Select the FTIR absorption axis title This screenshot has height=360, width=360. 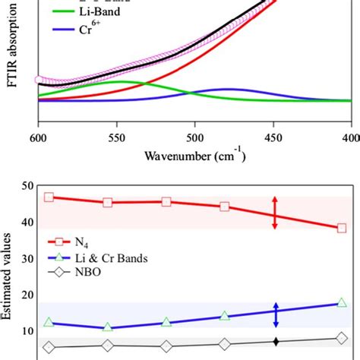(x=11, y=57)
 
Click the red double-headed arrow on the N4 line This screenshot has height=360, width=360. (x=275, y=212)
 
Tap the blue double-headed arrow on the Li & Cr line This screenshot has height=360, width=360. (x=275, y=315)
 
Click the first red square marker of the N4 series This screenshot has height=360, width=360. (x=49, y=197)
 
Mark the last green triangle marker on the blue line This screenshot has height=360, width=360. (x=341, y=302)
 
